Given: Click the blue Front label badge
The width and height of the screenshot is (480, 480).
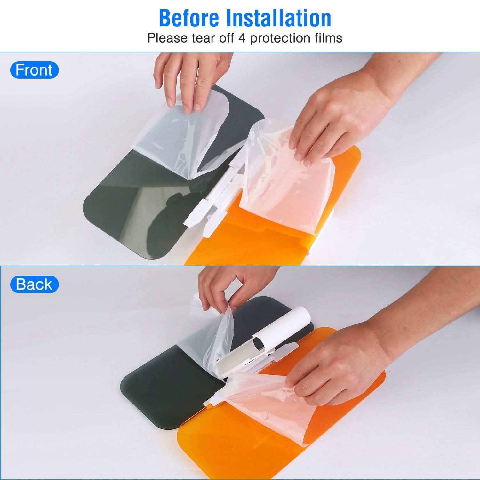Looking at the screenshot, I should pyautogui.click(x=34, y=70).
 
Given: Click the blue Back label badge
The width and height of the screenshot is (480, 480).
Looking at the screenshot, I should pyautogui.click(x=34, y=284).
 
